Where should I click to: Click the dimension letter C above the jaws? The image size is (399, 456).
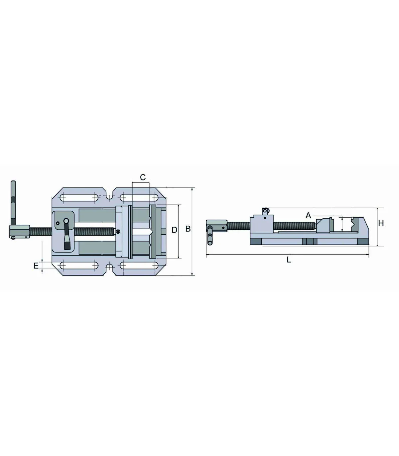[143, 177]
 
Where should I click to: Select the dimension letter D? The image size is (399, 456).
[174, 230]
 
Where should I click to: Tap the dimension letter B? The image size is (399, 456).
[188, 229]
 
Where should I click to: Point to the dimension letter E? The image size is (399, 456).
[36, 266]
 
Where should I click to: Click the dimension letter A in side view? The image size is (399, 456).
[308, 215]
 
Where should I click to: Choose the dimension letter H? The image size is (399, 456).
[381, 223]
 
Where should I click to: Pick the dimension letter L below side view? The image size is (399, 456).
[289, 260]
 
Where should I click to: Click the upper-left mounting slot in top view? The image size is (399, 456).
[79, 197]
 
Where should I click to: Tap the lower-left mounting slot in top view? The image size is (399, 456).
[79, 266]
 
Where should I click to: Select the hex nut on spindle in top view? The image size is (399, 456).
[20, 231]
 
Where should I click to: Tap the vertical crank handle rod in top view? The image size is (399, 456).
[13, 203]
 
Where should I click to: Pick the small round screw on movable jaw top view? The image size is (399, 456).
[118, 231]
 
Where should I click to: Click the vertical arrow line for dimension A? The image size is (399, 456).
[342, 224]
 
